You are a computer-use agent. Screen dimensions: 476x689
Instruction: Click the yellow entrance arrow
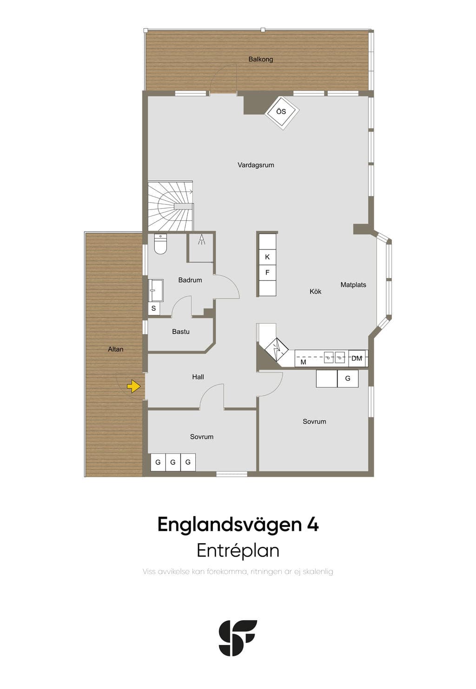(133, 386)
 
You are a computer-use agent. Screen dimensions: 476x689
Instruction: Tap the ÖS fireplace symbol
(282, 112)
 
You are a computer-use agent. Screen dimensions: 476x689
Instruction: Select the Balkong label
(260, 59)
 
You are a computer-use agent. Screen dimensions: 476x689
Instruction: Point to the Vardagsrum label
(255, 165)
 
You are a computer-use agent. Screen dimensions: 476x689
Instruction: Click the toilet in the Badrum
(160, 244)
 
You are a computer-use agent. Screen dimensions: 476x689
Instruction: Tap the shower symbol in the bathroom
(202, 239)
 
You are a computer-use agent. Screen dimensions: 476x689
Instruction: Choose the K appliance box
(267, 257)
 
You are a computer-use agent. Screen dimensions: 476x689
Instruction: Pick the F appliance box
(267, 273)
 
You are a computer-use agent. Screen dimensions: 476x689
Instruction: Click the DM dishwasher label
(357, 358)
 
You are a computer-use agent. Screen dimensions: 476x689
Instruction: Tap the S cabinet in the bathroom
(153, 308)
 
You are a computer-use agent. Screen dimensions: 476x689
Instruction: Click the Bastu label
(181, 332)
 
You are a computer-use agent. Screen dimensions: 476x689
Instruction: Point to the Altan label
(115, 349)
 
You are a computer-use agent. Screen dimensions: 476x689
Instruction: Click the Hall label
(198, 377)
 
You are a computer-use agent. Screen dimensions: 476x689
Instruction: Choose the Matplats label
(353, 285)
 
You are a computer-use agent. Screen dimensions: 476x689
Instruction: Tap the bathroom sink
(156, 290)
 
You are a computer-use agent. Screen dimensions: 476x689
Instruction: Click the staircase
(171, 206)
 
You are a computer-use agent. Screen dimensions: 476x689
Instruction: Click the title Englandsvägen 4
(238, 524)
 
